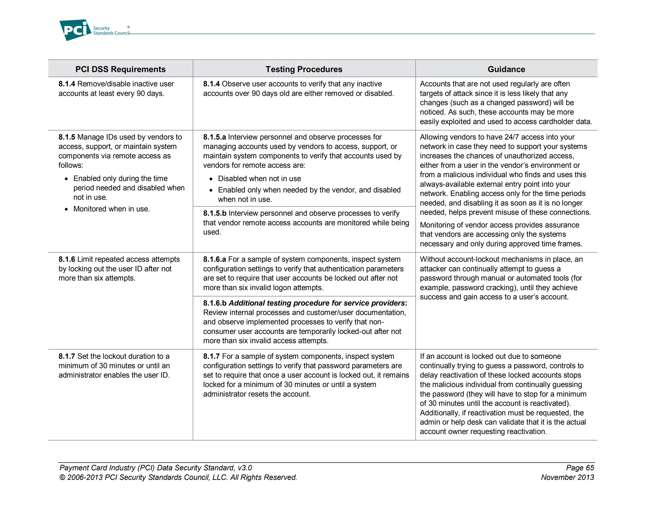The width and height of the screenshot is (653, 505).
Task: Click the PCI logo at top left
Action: [75, 30]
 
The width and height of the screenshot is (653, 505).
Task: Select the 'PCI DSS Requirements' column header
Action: [120, 69]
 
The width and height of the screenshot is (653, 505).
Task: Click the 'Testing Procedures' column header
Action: [304, 69]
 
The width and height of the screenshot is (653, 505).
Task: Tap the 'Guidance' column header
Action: [506, 69]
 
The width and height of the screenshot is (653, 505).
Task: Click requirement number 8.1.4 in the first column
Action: [67, 84]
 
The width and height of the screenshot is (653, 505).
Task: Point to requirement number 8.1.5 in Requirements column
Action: [67, 137]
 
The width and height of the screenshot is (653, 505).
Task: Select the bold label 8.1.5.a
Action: [214, 137]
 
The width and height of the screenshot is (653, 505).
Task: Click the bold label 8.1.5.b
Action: [215, 213]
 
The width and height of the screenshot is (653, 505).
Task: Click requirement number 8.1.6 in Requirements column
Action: [67, 260]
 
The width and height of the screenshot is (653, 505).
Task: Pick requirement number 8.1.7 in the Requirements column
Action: [67, 357]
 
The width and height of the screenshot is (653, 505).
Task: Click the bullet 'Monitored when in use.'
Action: [111, 209]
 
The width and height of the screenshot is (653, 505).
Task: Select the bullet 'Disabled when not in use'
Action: [259, 179]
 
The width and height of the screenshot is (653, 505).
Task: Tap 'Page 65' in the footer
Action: [580, 468]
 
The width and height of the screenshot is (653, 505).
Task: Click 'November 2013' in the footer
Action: [567, 478]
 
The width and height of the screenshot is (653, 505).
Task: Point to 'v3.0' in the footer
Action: [245, 468]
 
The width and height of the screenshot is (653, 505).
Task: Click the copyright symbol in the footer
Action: [62, 478]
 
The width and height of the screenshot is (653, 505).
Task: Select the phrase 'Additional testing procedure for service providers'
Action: [317, 303]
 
